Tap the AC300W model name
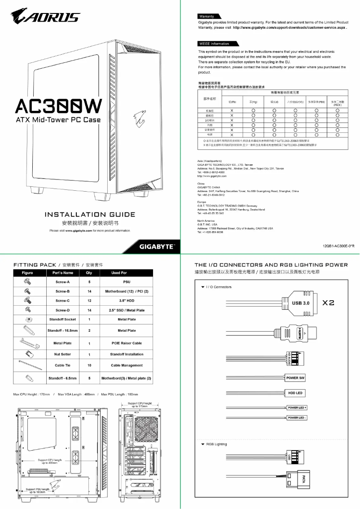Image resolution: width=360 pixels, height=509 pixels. click(x=59, y=106)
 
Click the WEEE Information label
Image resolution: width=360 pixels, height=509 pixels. click(x=214, y=44)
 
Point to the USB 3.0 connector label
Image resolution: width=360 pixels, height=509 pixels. click(x=301, y=303)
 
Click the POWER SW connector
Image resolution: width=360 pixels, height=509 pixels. click(x=295, y=378)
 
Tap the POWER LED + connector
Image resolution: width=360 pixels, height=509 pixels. click(x=297, y=408)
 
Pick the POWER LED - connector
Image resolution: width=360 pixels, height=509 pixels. click(x=297, y=418)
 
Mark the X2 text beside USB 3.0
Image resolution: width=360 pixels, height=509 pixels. click(x=328, y=303)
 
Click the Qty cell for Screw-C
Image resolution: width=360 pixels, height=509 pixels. click(x=90, y=301)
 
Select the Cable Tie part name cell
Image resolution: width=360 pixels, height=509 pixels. click(x=63, y=365)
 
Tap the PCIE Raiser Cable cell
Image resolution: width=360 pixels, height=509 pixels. click(x=127, y=343)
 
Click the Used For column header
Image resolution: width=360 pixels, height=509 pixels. click(x=119, y=272)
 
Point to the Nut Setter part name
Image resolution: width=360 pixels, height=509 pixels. click(x=63, y=354)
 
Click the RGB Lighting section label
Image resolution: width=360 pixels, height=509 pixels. click(x=216, y=444)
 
